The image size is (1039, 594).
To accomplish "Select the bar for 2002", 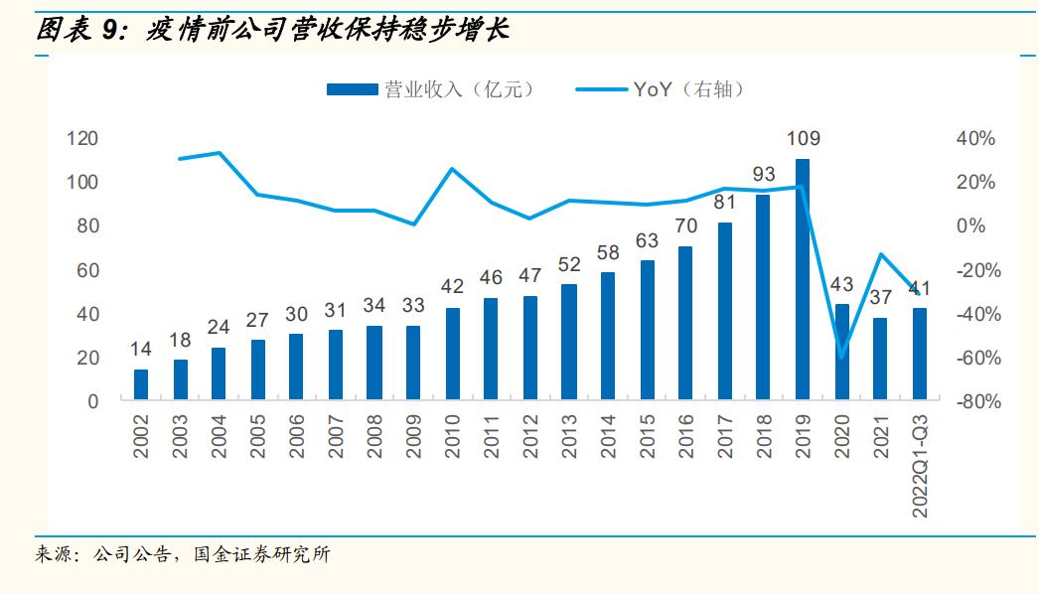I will coord(141,384).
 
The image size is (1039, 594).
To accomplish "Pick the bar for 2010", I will coord(453,354).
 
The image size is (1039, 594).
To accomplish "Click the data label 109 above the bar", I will coord(803,139).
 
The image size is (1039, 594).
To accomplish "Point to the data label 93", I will coord(764,175).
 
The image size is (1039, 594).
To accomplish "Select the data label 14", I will coord(141,350).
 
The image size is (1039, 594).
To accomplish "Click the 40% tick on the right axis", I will coord(974,139).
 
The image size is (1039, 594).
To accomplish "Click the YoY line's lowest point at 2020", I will coord(841,358).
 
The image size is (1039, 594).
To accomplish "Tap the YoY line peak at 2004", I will coord(219,153).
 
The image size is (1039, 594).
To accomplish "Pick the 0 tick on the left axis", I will coord(92,402).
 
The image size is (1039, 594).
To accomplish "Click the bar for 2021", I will coord(880,360).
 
